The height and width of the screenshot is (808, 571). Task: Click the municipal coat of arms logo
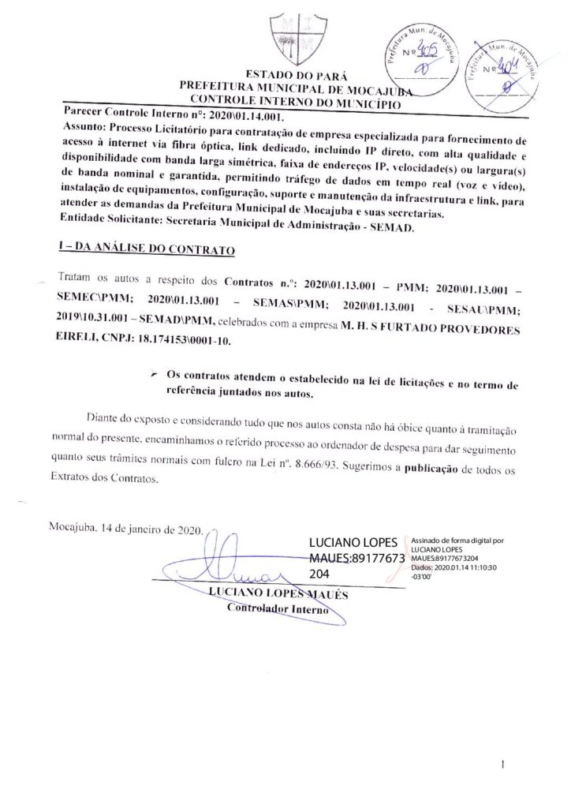[x=295, y=36]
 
